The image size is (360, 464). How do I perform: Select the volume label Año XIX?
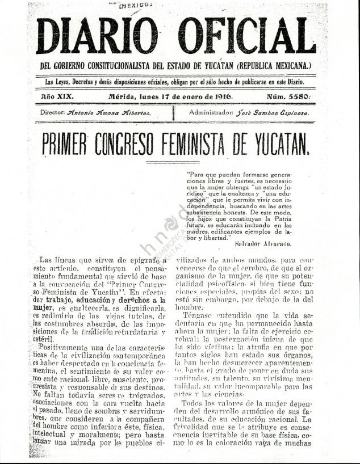pyautogui.click(x=57, y=96)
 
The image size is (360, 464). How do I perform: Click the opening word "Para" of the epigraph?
pyautogui.click(x=195, y=168)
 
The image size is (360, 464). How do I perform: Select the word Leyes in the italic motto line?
pyautogui.click(x=67, y=82)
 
